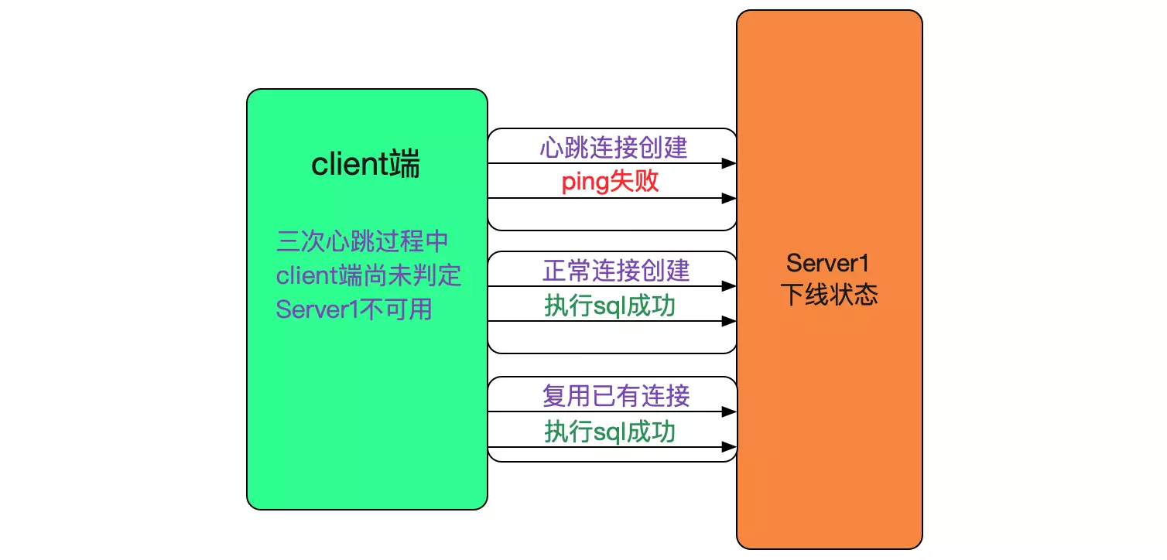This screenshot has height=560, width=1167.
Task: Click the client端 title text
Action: [x=365, y=165]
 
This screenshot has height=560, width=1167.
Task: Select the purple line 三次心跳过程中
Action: [x=362, y=241]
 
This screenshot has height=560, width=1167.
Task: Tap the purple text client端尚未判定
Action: [x=368, y=275]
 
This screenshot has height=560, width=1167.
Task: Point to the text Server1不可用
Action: [x=354, y=309]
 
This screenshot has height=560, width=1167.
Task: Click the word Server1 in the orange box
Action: [x=828, y=263]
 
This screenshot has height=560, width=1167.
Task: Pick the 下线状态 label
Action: [x=828, y=295]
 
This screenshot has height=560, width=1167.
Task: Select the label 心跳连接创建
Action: [x=613, y=148]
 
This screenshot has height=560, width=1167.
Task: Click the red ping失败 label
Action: [x=610, y=182]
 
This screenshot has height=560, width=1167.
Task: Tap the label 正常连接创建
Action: [x=616, y=271]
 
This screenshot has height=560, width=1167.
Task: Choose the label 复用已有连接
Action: [x=616, y=397]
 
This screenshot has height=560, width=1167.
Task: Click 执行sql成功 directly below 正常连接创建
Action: [x=610, y=306]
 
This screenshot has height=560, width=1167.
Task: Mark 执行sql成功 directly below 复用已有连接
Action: [x=610, y=432]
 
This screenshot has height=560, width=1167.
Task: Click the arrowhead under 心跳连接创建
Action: [x=728, y=163]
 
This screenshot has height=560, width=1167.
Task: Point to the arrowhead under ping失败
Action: [x=728, y=198]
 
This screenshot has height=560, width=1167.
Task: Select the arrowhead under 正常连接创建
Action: [x=728, y=286]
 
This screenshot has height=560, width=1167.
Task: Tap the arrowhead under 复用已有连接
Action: [x=728, y=411]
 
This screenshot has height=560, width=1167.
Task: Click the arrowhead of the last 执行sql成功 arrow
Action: [x=728, y=446]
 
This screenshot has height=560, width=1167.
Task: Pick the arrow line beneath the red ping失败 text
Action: [x=604, y=198]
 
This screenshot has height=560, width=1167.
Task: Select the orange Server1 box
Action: [x=829, y=425]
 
